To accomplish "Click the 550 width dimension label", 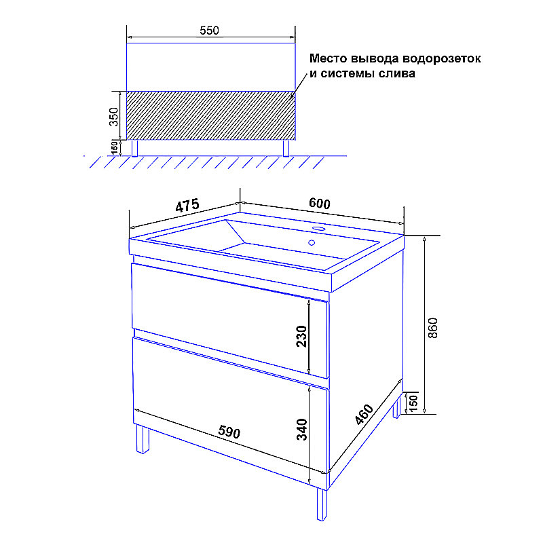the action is tap(209, 31).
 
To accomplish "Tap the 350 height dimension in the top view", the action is tap(113, 117).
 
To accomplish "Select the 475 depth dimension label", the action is tap(187, 205).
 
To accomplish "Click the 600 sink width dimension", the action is tap(319, 203).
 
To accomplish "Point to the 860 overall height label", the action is tap(433, 328).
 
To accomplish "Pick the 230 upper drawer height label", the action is tap(301, 336).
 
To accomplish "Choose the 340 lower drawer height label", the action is tap(301, 430).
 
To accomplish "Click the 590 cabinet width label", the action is tap(229, 432).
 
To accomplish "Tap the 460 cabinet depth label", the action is tap(364, 414).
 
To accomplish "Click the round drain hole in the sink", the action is tap(312, 243).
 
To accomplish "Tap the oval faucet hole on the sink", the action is tap(318, 229).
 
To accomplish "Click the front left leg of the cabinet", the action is tap(143, 438).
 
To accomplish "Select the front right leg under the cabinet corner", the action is tap(322, 504).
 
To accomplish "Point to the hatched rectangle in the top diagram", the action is tap(211, 115).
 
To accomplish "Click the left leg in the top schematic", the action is tap(134, 148).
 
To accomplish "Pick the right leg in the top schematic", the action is tap(286, 148).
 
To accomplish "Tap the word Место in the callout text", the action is tap(329, 58).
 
